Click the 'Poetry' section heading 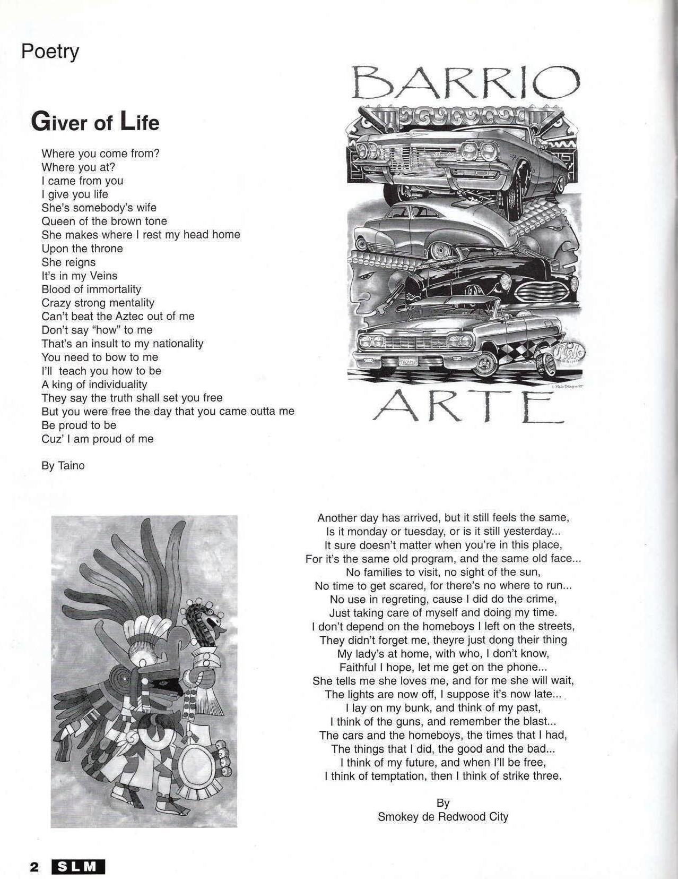50,52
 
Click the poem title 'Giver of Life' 95,122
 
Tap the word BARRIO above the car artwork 466,84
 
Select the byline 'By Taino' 63,466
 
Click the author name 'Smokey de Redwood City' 442,817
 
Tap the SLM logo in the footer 78,867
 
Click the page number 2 34,867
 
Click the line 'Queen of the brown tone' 104,221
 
